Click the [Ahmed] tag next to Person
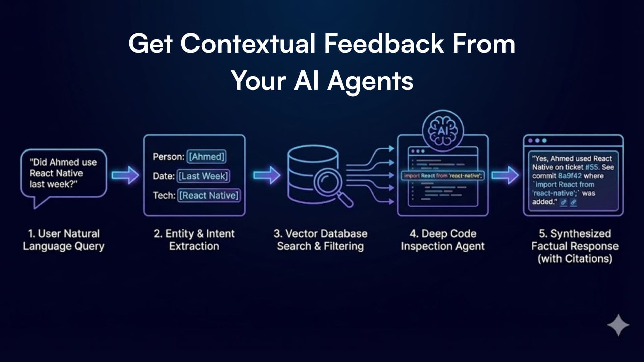point(206,157)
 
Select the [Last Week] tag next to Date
point(203,176)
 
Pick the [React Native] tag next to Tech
point(209,195)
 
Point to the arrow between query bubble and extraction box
point(125,175)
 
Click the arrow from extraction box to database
point(266,175)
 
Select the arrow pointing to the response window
point(505,175)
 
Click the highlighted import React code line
point(443,176)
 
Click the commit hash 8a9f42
point(570,176)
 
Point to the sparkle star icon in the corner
point(618,325)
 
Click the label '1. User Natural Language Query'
point(64,240)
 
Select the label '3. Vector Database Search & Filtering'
point(320,240)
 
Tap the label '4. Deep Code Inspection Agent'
point(443,240)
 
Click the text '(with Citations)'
point(575,259)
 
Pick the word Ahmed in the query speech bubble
point(65,162)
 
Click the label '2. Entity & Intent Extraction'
point(194,240)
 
